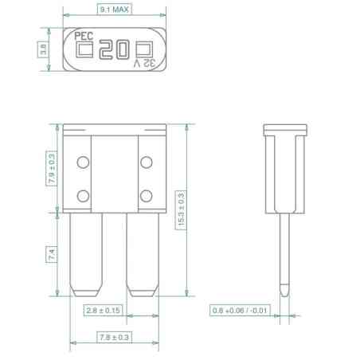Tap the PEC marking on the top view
pos(83,36)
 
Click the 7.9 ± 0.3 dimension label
pos(53,169)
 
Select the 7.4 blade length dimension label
pos(53,254)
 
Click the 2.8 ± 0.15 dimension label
pos(104,310)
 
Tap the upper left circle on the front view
pos(82,163)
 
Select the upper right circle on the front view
pos(146,163)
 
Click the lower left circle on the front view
pos(82,195)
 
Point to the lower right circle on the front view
pos(146,195)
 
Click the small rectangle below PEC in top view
pos(82,49)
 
